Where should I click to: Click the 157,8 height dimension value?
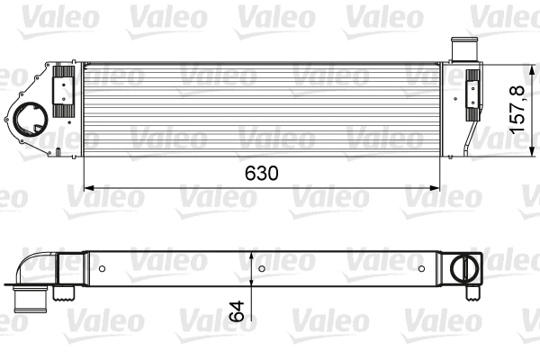[x=517, y=109]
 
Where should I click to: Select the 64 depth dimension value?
[x=238, y=311]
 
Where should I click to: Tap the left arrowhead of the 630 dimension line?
[x=88, y=188]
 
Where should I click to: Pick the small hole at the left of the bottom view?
[x=103, y=268]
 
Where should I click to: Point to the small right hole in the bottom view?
[x=420, y=268]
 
